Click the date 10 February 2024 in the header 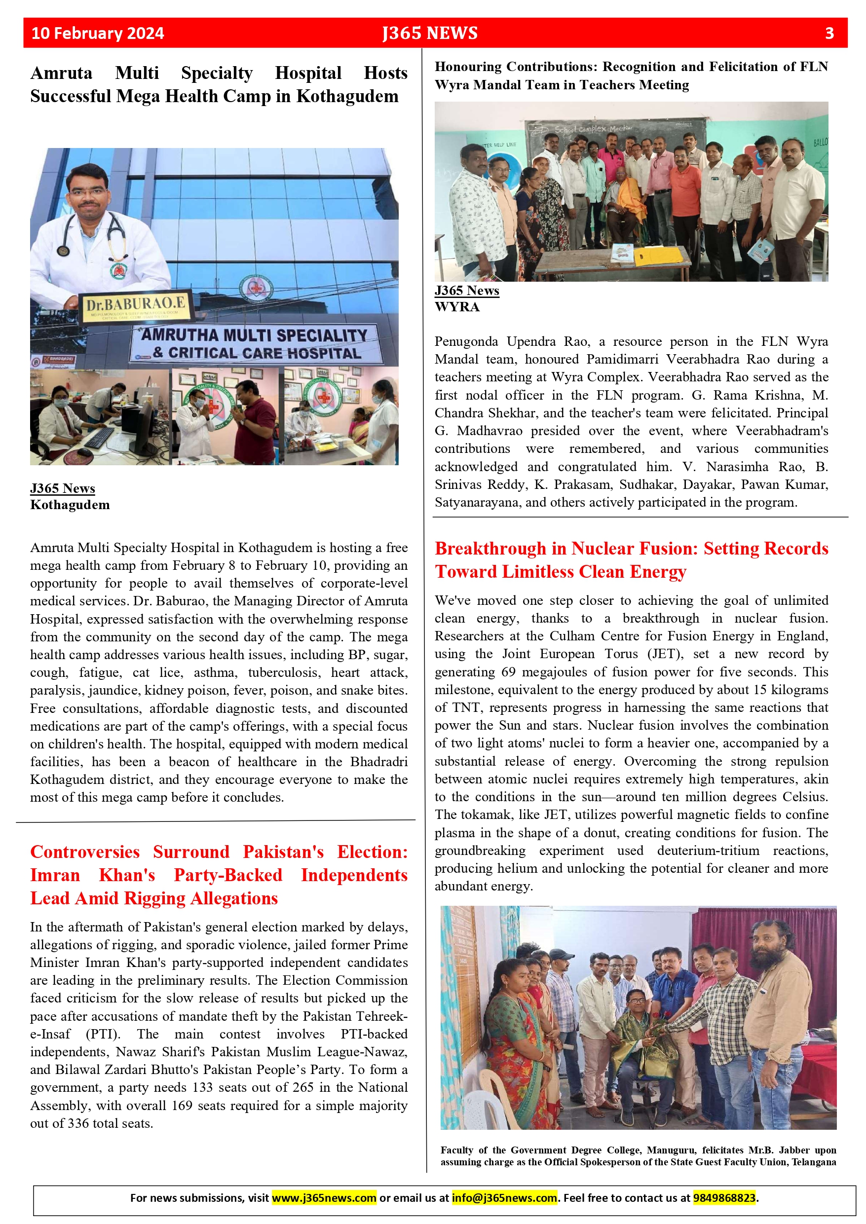[x=98, y=33]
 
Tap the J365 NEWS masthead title [x=430, y=33]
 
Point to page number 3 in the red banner [x=829, y=33]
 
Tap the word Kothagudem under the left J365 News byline [x=70, y=505]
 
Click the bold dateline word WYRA [x=457, y=307]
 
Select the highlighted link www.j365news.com [x=324, y=1198]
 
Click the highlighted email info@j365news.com [x=504, y=1198]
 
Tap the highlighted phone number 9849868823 [x=724, y=1198]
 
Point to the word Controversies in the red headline [x=85, y=852]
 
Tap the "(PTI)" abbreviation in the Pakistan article [x=103, y=1034]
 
